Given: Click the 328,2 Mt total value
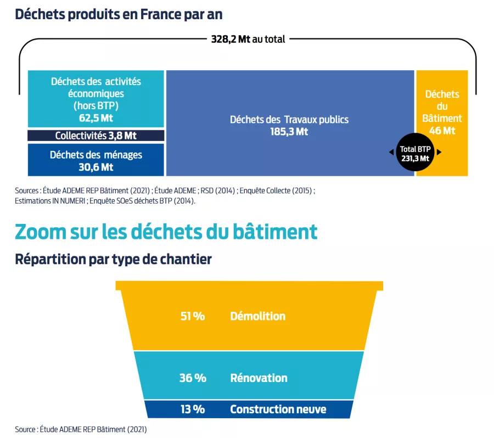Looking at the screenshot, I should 231,40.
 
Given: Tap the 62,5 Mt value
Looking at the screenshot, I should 96,117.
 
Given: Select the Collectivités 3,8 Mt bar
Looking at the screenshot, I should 96,135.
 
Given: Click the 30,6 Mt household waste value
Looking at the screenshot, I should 96,167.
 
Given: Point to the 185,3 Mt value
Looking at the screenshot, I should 289,132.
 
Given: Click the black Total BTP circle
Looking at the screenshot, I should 415,153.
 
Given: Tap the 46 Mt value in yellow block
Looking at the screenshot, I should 442,131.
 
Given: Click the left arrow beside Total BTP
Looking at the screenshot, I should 390,153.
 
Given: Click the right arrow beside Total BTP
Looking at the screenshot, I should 439,153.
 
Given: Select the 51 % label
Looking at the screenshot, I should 192,316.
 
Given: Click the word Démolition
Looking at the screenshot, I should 257,316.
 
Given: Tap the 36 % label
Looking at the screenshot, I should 193,378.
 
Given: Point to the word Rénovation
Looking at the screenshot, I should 259,378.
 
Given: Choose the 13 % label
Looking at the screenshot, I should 192,409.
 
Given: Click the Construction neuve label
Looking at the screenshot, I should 278,409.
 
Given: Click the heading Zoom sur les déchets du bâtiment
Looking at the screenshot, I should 166,231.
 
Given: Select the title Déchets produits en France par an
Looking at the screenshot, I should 119,14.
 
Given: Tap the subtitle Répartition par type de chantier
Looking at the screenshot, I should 113,259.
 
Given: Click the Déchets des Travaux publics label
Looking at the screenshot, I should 289,120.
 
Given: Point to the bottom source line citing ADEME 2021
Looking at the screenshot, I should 81,429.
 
